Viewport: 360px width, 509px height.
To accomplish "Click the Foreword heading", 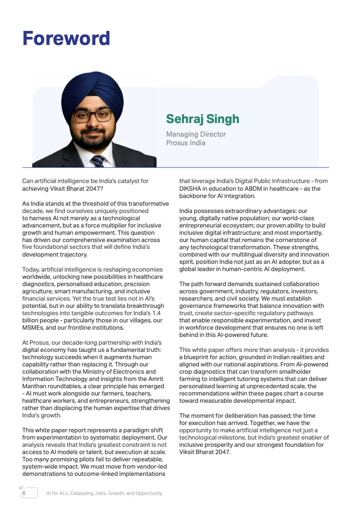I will click(x=66, y=39).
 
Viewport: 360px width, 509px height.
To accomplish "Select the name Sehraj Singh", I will click(x=202, y=119).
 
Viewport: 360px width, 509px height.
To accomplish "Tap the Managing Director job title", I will click(x=196, y=134).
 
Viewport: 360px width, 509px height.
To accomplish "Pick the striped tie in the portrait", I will click(x=97, y=161).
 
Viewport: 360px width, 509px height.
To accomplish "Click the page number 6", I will click(x=24, y=493).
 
